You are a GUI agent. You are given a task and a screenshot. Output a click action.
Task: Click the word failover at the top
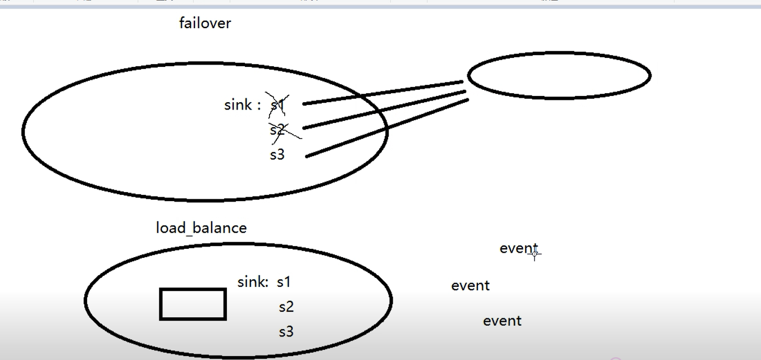(205, 23)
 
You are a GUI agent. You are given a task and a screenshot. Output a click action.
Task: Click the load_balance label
(201, 228)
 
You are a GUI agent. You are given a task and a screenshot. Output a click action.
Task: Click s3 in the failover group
(277, 155)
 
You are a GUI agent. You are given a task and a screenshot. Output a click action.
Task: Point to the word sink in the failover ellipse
(238, 105)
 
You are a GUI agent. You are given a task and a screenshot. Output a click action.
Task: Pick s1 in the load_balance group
(284, 282)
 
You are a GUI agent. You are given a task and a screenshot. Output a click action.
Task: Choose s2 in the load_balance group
(286, 307)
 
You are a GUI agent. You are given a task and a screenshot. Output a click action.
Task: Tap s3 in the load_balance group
(286, 332)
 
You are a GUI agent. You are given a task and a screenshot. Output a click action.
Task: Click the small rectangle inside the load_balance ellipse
(193, 304)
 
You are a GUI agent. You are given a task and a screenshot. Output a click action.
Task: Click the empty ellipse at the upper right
(559, 75)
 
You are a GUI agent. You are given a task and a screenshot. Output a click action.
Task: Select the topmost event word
(518, 248)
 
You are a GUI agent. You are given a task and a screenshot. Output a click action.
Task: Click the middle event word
(470, 285)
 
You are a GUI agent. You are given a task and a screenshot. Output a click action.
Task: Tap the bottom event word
(502, 321)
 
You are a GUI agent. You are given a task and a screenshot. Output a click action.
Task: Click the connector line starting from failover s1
(382, 93)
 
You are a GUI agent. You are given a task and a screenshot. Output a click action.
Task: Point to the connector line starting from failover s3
(388, 128)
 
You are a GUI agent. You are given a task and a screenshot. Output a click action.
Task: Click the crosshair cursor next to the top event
(534, 254)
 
